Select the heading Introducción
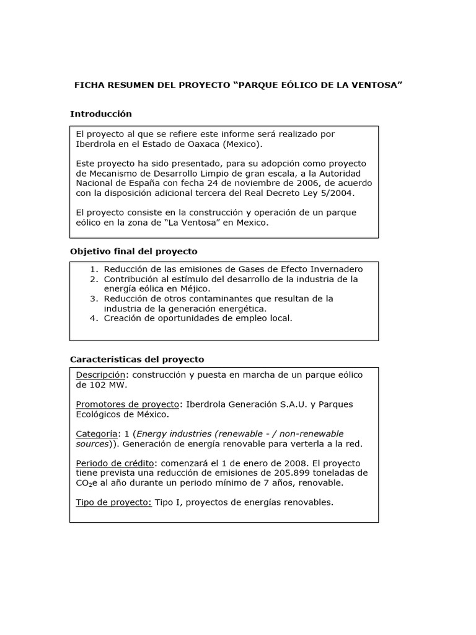point(100,114)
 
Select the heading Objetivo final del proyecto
point(133,251)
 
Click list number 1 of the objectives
point(94,269)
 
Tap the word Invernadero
point(333,269)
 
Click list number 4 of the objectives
point(94,318)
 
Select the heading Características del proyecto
point(136,359)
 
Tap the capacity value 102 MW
point(100,385)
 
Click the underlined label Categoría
point(97,433)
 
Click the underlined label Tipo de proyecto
point(113,502)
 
